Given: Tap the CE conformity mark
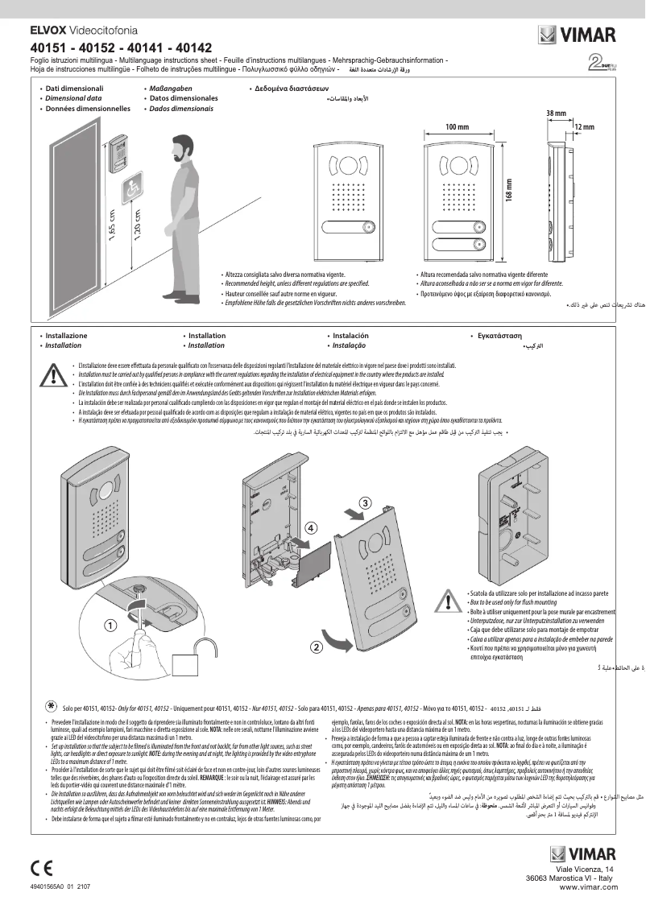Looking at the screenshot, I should pos(42,867).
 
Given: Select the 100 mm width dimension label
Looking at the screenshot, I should pos(457,127).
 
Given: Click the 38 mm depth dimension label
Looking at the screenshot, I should pos(555,114).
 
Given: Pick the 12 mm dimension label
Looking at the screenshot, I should pos(584,127).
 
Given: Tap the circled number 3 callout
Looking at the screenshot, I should pos(365,502).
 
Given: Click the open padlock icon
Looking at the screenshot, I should pos(187,663).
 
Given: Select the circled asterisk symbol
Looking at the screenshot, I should pos(50,704).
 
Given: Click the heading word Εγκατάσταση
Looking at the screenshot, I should pos(499,334).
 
